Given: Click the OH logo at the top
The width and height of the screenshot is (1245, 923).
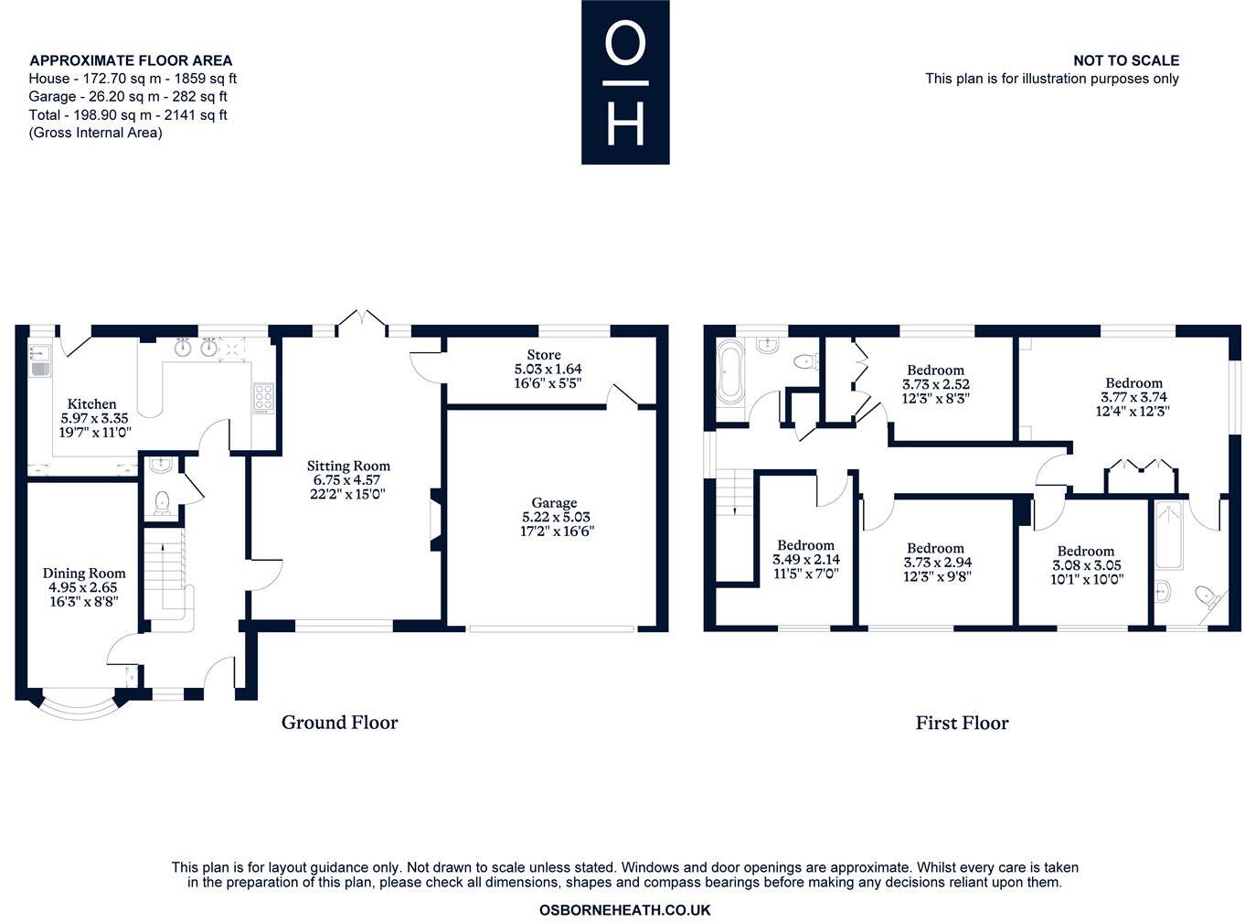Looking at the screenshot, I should point(625,82).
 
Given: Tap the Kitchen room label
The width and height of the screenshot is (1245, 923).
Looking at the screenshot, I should point(91,403).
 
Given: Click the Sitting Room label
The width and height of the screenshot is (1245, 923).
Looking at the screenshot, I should point(348,466).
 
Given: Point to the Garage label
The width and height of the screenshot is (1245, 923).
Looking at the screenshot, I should point(554,502).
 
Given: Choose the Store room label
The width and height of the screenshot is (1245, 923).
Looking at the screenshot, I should point(544,355).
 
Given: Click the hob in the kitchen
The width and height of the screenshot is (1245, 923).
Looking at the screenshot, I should point(262,398).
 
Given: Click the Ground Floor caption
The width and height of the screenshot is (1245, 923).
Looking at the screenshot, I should point(339,723).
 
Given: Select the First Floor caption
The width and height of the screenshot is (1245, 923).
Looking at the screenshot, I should point(962,723).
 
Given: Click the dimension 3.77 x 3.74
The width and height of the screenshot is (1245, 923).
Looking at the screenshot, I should point(1133,397).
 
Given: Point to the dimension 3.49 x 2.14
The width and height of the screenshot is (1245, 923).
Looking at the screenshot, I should point(805,560).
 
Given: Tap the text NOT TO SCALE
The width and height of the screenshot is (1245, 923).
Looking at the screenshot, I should point(1125,60).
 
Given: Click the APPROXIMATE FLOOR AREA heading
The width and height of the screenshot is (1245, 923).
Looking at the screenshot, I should point(131,60).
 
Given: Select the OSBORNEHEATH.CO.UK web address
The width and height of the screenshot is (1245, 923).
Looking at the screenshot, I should point(624,909).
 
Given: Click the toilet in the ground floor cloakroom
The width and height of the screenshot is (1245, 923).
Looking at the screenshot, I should point(162,501).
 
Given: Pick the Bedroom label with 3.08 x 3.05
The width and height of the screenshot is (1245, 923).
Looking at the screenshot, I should point(1085,551).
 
